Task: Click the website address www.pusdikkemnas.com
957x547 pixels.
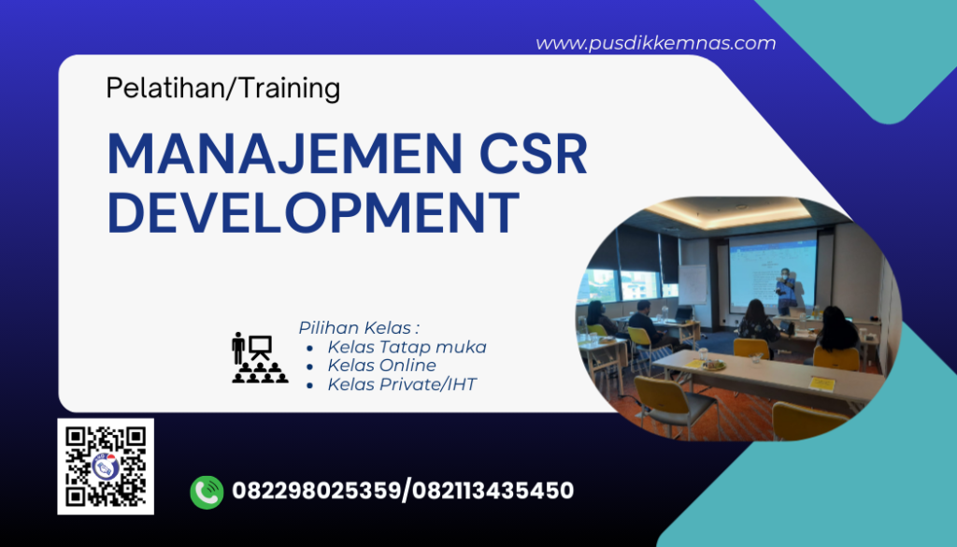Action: click(x=655, y=43)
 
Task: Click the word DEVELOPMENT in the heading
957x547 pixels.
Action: click(x=313, y=212)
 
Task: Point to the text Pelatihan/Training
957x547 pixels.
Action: click(x=222, y=88)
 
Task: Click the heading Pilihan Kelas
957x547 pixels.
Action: click(x=359, y=327)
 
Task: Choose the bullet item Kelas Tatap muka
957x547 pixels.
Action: click(x=407, y=347)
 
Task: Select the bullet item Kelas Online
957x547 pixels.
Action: click(x=381, y=366)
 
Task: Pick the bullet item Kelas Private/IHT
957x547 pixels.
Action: click(x=402, y=384)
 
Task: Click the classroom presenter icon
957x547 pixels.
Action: click(x=259, y=357)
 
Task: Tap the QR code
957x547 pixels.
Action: click(x=106, y=466)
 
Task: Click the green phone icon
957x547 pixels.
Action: click(x=207, y=492)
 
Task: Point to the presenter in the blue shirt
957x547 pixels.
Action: click(x=788, y=291)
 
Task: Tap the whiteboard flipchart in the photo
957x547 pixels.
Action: click(x=693, y=285)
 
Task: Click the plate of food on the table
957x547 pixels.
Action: click(x=714, y=364)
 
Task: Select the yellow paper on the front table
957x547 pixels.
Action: click(x=821, y=383)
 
